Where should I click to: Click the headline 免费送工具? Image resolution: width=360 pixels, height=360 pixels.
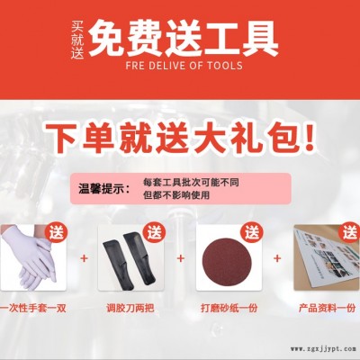184,38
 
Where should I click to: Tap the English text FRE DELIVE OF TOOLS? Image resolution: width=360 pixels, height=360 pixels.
184,66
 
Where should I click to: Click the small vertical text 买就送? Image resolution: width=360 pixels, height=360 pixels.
77,40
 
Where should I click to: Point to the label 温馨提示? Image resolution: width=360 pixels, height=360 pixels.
104,189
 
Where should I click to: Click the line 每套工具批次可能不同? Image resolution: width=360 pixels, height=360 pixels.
191,183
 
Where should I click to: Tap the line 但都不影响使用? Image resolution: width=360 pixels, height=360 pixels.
176,195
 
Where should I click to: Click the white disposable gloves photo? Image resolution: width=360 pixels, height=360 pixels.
32,257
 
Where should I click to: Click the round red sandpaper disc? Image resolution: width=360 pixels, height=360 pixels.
228,257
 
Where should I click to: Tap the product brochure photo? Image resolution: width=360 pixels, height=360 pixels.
327,257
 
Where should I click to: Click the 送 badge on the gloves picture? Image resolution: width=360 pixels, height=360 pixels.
57,234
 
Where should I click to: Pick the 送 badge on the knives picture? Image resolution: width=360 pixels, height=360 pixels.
155,234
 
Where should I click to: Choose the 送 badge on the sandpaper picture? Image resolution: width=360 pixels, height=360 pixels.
252,234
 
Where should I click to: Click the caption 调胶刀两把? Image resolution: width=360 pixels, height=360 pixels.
130,308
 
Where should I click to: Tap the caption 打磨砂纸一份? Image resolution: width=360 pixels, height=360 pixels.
229,308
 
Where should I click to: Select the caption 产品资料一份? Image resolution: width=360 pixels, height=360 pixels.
328,308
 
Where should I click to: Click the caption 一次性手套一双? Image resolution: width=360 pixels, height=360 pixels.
32,308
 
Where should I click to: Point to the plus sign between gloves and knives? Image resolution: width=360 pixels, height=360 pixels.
85,258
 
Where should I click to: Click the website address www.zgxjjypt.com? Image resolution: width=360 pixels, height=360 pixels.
323,349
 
